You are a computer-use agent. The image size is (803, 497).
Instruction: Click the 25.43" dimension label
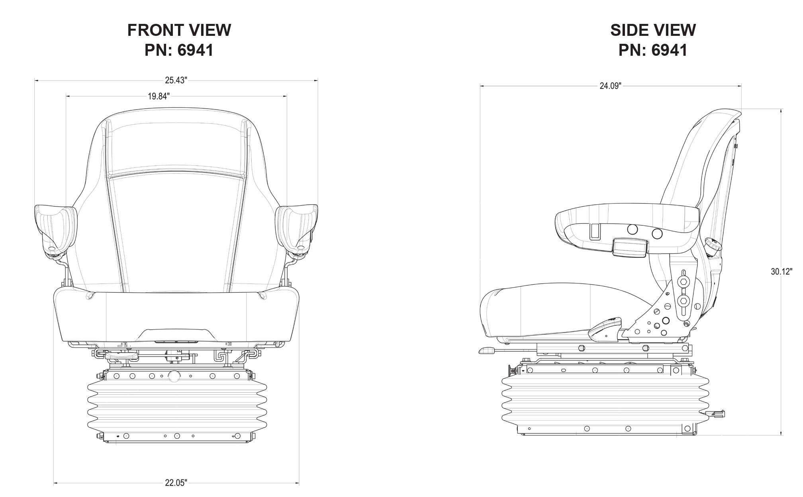pyautogui.click(x=176, y=80)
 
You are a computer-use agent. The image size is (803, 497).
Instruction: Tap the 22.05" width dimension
pyautogui.click(x=176, y=483)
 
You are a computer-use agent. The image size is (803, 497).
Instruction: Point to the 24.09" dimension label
pyautogui.click(x=611, y=86)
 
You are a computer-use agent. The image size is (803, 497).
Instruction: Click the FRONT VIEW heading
pyautogui.click(x=179, y=30)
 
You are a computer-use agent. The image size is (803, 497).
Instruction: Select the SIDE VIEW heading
pyautogui.click(x=653, y=30)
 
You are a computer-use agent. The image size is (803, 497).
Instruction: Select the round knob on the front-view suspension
pyautogui.click(x=174, y=376)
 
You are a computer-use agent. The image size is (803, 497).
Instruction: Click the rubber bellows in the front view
pyautogui.click(x=177, y=406)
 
